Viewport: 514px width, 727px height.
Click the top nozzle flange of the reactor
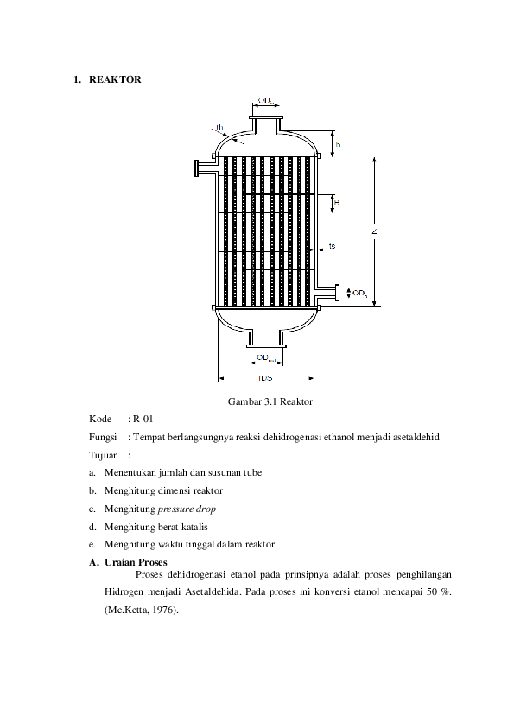coord(265,115)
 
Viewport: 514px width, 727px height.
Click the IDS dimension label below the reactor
coord(265,378)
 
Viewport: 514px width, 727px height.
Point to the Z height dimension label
coord(374,231)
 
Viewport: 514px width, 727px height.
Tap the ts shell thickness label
coord(332,247)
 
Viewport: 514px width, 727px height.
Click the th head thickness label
coord(220,128)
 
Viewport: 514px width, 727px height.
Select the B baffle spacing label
coord(337,203)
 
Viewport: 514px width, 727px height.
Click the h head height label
coord(338,144)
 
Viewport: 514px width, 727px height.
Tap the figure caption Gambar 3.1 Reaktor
coord(270,402)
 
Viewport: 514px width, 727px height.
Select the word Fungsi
coord(102,437)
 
